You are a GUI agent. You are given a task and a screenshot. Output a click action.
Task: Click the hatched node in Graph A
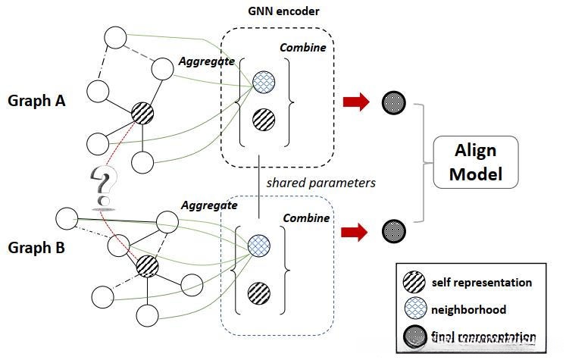click(x=142, y=114)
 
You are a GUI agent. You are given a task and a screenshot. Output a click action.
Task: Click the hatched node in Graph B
click(x=147, y=266)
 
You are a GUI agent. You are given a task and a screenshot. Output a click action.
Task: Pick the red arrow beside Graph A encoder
click(x=355, y=102)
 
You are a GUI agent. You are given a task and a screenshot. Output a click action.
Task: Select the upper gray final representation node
click(x=392, y=102)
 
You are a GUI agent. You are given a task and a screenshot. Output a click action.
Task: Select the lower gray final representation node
click(x=392, y=228)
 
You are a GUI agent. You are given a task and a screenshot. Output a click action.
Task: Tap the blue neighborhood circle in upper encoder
click(x=263, y=82)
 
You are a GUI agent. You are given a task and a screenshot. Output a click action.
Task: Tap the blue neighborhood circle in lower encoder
click(x=259, y=244)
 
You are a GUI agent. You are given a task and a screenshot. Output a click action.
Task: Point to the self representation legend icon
click(x=414, y=283)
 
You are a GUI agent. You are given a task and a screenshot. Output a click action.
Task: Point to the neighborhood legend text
click(x=467, y=309)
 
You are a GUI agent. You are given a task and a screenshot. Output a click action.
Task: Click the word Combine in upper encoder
click(x=303, y=47)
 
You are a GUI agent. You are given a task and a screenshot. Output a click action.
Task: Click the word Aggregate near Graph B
click(x=209, y=205)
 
